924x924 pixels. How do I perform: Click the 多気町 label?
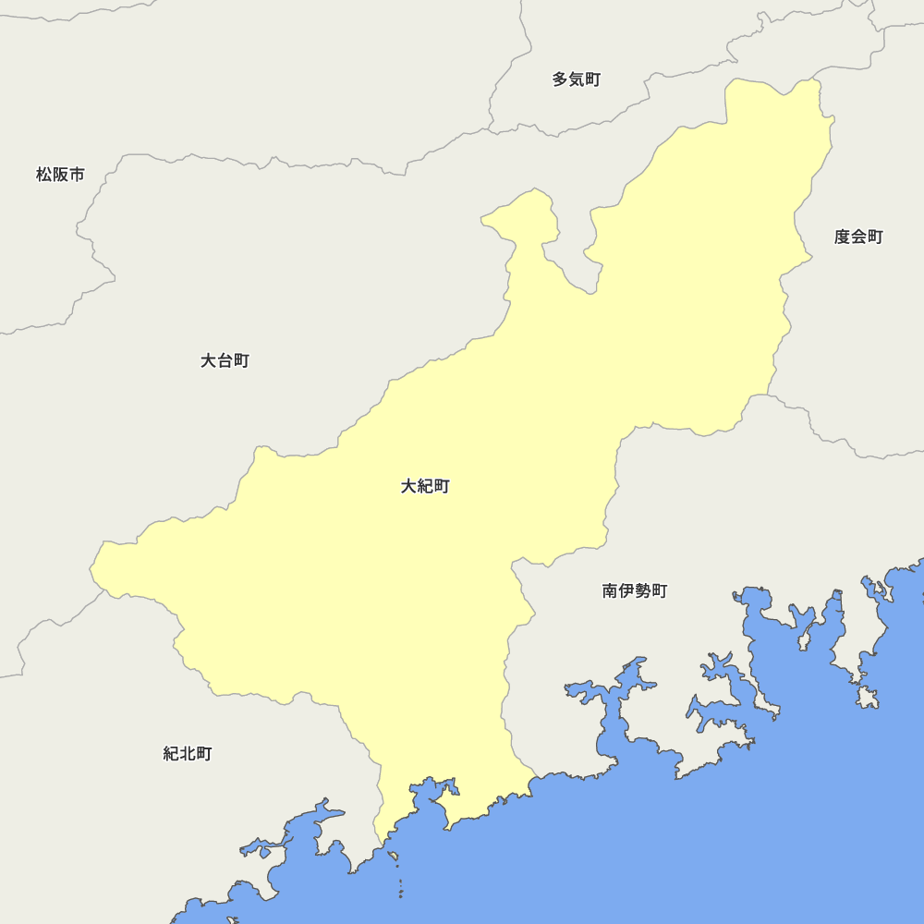pyautogui.click(x=577, y=79)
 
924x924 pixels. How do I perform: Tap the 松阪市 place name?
pyautogui.click(x=60, y=174)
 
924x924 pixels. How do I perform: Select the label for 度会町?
pyautogui.click(x=858, y=237)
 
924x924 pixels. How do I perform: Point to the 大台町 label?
pyautogui.click(x=225, y=360)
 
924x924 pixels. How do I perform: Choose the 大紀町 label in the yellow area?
pyautogui.click(x=425, y=486)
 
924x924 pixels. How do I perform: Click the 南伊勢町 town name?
pyautogui.click(x=635, y=590)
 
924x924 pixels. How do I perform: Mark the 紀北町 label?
pyautogui.click(x=188, y=754)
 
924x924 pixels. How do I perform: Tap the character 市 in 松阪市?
pyautogui.click(x=77, y=174)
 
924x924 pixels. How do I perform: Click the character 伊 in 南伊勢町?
pyautogui.click(x=626, y=590)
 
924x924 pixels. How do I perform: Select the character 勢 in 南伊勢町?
pyautogui.click(x=643, y=590)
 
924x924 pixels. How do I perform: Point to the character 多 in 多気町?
pyautogui.click(x=561, y=79)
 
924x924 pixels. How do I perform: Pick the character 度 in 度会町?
pyautogui.click(x=843, y=237)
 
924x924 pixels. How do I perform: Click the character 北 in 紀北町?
pyautogui.click(x=188, y=754)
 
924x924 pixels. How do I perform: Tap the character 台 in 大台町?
pyautogui.click(x=225, y=360)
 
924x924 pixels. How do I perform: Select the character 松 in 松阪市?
pyautogui.click(x=44, y=174)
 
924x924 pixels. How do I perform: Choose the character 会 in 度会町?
pyautogui.click(x=858, y=237)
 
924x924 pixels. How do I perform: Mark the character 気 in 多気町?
pyautogui.click(x=577, y=79)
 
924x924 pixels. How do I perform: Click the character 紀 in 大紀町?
pyautogui.click(x=425, y=486)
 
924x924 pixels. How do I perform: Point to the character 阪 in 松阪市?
pyautogui.click(x=60, y=174)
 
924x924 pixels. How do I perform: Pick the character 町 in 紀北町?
pyautogui.click(x=204, y=754)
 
